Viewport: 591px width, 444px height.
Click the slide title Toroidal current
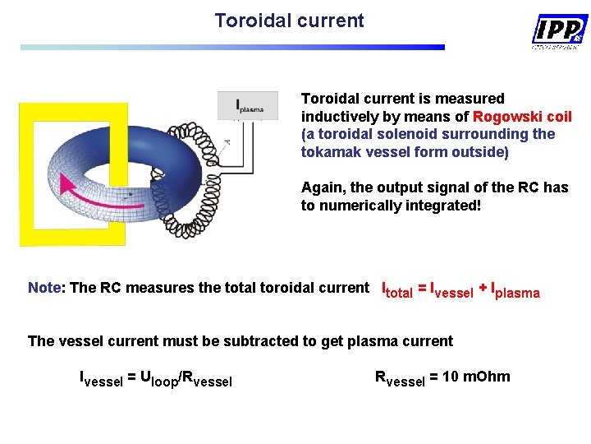point(289,21)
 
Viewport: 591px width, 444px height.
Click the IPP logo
point(559,30)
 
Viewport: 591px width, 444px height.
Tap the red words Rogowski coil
point(522,117)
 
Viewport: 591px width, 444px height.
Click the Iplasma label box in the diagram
point(248,105)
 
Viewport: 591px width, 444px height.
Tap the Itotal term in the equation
point(398,290)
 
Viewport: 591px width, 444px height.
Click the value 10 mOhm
point(476,377)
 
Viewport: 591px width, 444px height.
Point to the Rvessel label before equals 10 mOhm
point(401,378)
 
